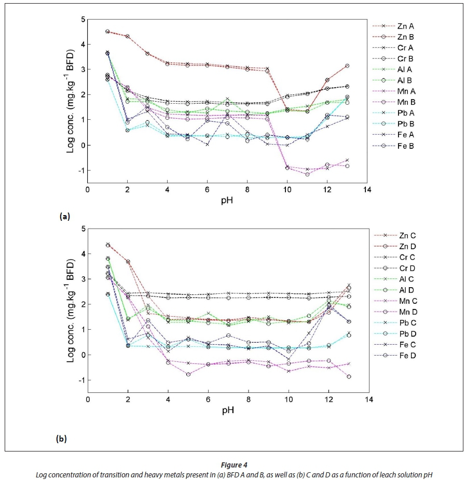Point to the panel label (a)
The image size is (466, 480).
click(x=64, y=217)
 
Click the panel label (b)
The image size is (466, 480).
click(x=61, y=439)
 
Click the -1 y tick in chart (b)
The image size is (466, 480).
click(x=80, y=380)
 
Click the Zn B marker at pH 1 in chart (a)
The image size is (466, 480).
click(x=107, y=32)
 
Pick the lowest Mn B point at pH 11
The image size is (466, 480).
click(x=308, y=174)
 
